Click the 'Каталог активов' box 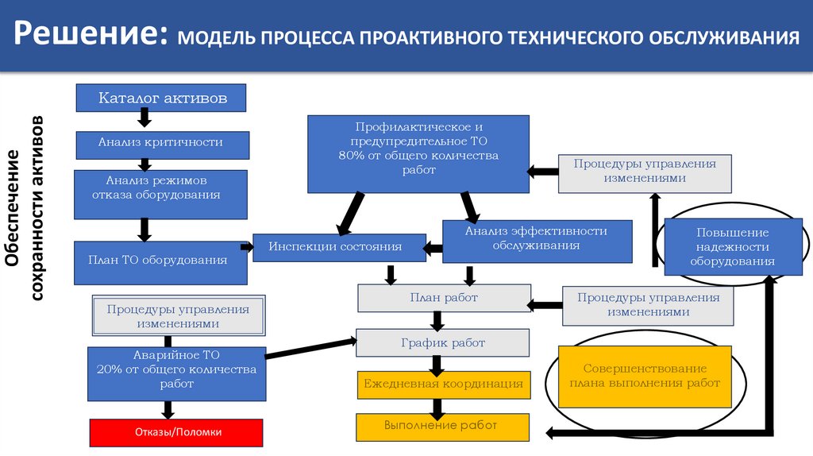tap(161, 99)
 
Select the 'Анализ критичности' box tap(161, 144)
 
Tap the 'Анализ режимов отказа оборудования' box tap(161, 194)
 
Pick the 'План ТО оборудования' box tap(161, 261)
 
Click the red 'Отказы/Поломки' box tap(175, 432)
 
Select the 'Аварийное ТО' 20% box tap(177, 373)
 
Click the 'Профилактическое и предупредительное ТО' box tap(418, 153)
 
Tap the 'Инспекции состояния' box tap(336, 247)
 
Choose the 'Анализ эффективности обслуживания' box tap(538, 241)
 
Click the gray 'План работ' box tap(443, 298)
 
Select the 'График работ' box tap(443, 342)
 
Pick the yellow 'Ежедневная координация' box tap(443, 385)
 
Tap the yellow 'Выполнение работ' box tap(443, 427)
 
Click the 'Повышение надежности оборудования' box tap(732, 246)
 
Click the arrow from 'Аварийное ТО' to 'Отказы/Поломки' tap(168, 409)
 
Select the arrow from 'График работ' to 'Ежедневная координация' tap(436, 365)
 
